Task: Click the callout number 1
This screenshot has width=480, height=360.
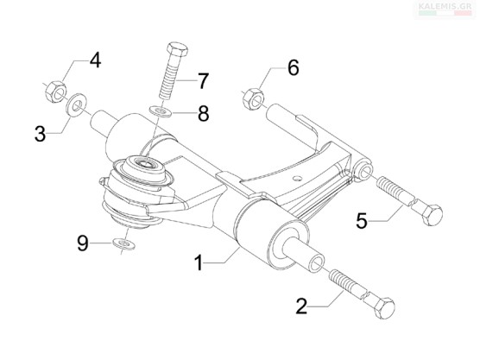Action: tap(199, 262)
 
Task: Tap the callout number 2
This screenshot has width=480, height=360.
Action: tap(301, 306)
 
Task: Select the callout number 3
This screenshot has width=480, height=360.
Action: tap(40, 134)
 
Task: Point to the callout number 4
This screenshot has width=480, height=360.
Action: tap(95, 60)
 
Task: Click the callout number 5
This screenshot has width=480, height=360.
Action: tap(362, 220)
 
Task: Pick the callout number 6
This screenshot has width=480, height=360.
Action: tap(293, 67)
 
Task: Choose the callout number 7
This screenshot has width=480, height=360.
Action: tap(203, 81)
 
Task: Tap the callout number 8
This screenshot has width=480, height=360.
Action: tap(203, 113)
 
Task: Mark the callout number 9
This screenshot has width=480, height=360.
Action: tap(83, 243)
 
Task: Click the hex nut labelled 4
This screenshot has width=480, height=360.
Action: tap(56, 92)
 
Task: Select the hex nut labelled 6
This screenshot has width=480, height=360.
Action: tap(254, 98)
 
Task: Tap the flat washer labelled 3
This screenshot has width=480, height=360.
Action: tap(76, 105)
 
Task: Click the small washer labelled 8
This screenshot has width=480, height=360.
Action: tap(161, 111)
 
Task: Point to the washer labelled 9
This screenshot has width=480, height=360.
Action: tap(123, 243)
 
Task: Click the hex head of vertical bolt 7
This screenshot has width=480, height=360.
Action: tap(177, 50)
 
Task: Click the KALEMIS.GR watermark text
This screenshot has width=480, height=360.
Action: tap(445, 6)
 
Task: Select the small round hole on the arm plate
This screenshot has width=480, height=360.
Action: tap(297, 178)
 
